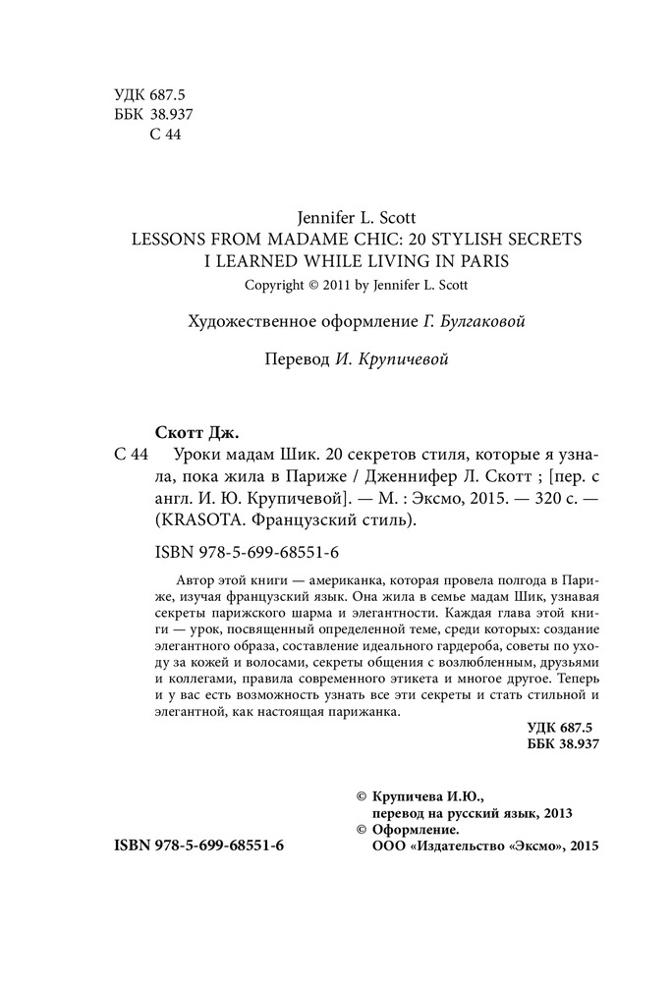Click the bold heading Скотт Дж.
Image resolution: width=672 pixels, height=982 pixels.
click(x=197, y=431)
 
